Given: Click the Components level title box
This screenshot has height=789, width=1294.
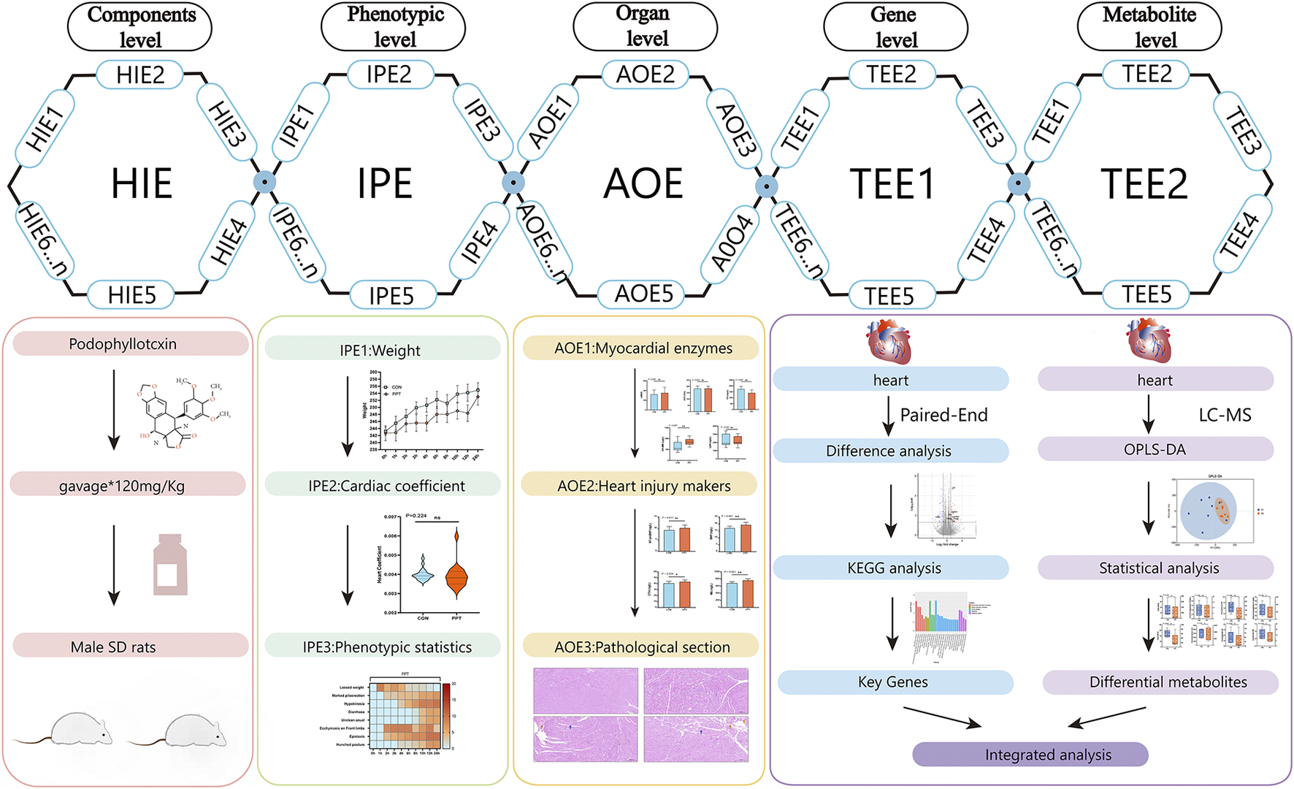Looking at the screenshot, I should [139, 27].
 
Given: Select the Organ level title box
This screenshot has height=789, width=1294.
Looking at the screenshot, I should [645, 26].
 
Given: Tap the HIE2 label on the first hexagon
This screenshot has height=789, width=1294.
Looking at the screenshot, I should [140, 75].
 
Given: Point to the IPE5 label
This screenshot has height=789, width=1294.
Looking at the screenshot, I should [391, 296].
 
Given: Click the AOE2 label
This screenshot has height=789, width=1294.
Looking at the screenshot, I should [646, 74].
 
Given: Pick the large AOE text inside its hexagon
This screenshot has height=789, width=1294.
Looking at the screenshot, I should [643, 183].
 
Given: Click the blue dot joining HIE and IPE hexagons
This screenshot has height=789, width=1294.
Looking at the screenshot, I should [264, 182].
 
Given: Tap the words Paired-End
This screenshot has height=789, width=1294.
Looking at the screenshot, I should [943, 415].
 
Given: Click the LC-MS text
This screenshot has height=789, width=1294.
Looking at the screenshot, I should [1225, 415].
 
